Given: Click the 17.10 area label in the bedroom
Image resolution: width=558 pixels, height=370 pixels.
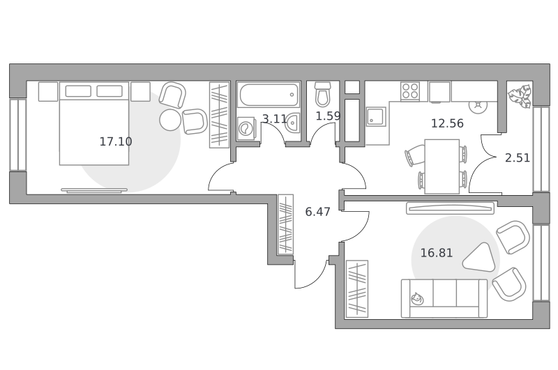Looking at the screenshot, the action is pyautogui.click(x=116, y=141).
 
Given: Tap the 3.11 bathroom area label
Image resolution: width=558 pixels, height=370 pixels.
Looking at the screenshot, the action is pyautogui.click(x=274, y=118).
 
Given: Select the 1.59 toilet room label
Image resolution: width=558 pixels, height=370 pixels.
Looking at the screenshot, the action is pyautogui.click(x=328, y=116).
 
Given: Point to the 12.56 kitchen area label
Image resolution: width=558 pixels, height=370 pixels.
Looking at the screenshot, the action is pyautogui.click(x=447, y=123).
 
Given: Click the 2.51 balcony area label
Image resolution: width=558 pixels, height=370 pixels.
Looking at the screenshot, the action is pyautogui.click(x=518, y=157).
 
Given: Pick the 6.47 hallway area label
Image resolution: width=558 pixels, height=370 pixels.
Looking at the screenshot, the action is pyautogui.click(x=318, y=212).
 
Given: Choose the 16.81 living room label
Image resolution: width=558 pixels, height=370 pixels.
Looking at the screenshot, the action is pyautogui.click(x=437, y=253).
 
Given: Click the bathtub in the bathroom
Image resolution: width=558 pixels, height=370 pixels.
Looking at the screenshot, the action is pyautogui.click(x=269, y=95).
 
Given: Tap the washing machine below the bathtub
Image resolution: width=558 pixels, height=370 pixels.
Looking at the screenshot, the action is pyautogui.click(x=246, y=128).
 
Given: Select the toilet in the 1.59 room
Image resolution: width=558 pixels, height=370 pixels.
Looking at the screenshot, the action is pyautogui.click(x=323, y=94).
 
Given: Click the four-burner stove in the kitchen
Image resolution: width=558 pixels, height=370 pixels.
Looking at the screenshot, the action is pyautogui.click(x=410, y=91).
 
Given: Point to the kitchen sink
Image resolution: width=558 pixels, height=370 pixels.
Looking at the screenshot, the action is pyautogui.click(x=376, y=116).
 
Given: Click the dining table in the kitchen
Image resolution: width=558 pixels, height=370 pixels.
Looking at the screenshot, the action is pyautogui.click(x=442, y=167).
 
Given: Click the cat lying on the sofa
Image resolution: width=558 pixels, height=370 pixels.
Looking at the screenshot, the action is pyautogui.click(x=417, y=299).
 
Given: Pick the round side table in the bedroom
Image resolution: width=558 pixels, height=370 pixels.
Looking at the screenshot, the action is pyautogui.click(x=170, y=120).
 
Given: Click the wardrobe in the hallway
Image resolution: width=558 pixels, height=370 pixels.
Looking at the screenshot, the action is pyautogui.click(x=286, y=224).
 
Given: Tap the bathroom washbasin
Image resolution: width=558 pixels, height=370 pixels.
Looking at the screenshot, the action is pyautogui.click(x=292, y=123).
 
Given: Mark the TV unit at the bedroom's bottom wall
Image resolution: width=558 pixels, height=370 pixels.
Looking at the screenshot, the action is pyautogui.click(x=94, y=191).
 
